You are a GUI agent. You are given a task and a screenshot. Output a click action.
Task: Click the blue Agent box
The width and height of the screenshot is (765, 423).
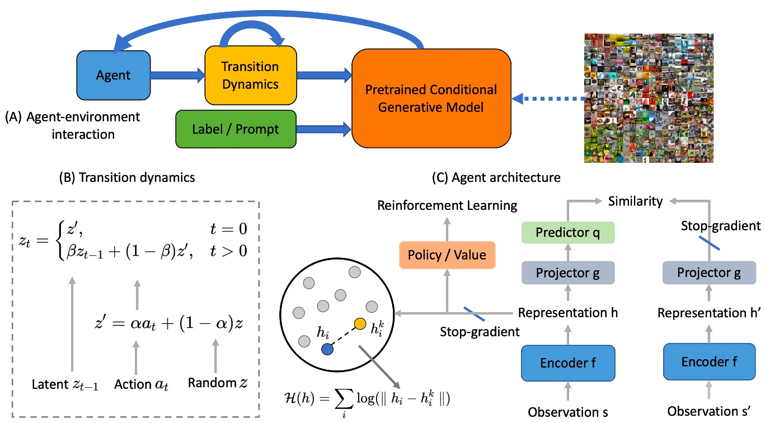pyautogui.click(x=114, y=75)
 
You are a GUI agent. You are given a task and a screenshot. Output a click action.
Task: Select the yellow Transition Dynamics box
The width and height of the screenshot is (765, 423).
pyautogui.click(x=251, y=75)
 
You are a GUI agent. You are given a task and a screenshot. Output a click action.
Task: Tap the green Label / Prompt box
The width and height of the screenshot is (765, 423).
pyautogui.click(x=236, y=129)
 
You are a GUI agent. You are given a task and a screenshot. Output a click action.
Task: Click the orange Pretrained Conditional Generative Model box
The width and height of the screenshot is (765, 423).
pyautogui.click(x=431, y=98)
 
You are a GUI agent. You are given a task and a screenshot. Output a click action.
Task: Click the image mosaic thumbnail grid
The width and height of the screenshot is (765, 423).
pyautogui.click(x=649, y=98)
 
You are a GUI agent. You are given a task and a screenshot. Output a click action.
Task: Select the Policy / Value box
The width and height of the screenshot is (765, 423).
pyautogui.click(x=447, y=255)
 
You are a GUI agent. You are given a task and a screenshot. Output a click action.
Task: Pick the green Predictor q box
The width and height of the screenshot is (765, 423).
pyautogui.click(x=568, y=233)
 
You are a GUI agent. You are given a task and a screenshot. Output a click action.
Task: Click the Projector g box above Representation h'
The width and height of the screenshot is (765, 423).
pyautogui.click(x=709, y=272)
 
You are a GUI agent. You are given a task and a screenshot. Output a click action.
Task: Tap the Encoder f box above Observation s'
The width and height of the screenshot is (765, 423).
pyautogui.click(x=710, y=361)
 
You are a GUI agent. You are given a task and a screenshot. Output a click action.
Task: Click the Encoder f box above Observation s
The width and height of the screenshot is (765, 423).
pyautogui.click(x=568, y=363)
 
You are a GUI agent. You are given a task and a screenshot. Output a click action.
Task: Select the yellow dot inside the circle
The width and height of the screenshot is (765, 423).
pyautogui.click(x=360, y=323)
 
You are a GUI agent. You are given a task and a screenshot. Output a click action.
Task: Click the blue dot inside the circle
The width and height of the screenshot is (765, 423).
pyautogui.click(x=327, y=349)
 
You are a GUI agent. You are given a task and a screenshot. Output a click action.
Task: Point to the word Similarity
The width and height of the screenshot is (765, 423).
pyautogui.click(x=635, y=201)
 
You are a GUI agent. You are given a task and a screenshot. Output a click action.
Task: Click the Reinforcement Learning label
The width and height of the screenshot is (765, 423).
pyautogui.click(x=447, y=205)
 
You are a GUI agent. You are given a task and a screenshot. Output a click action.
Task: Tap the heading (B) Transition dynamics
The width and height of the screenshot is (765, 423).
pyautogui.click(x=127, y=177)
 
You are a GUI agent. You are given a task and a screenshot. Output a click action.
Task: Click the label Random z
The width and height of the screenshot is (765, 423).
pyautogui.click(x=218, y=383)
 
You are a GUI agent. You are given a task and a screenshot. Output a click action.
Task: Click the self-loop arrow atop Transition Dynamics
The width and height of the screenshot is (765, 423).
pyautogui.click(x=252, y=34)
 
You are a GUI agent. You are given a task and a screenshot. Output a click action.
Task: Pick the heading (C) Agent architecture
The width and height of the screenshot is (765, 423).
pyautogui.click(x=496, y=177)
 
